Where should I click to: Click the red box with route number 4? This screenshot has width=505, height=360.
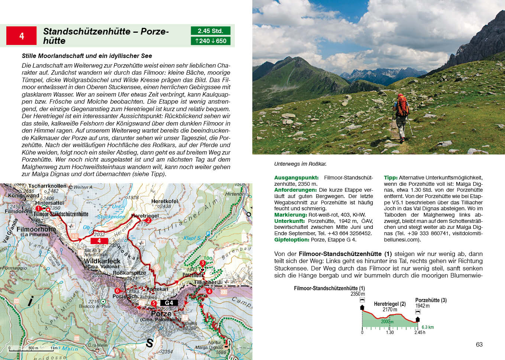(x=22, y=36)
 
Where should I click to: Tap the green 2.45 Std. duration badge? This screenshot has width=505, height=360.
(x=210, y=31)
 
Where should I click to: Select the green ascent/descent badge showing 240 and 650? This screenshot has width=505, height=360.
(x=210, y=41)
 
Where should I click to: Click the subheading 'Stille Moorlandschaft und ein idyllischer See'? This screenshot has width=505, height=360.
(x=87, y=56)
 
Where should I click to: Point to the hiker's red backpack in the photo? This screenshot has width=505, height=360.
(x=402, y=106)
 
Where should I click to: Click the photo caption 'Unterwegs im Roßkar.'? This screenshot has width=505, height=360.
(x=300, y=164)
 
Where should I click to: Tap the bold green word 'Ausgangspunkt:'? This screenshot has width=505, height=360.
(x=296, y=178)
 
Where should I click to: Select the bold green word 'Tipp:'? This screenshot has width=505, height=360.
(x=391, y=178)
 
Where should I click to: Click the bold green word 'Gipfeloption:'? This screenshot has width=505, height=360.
(x=292, y=240)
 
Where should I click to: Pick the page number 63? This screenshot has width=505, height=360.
(x=479, y=344)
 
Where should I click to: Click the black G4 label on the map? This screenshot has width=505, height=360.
(x=169, y=303)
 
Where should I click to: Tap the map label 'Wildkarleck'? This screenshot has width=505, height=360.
(x=102, y=261)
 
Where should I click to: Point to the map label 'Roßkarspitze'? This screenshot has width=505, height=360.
(x=129, y=273)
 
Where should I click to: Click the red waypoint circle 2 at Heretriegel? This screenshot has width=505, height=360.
(x=148, y=220)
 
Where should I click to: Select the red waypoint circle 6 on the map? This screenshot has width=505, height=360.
(x=117, y=291)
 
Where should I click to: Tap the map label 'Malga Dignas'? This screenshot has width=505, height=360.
(x=209, y=347)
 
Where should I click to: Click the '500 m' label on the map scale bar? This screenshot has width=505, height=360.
(x=33, y=348)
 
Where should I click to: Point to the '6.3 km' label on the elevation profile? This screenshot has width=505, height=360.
(x=428, y=327)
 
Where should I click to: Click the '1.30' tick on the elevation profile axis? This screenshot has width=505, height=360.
(x=390, y=333)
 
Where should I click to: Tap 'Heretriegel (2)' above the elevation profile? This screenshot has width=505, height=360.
(x=390, y=304)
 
